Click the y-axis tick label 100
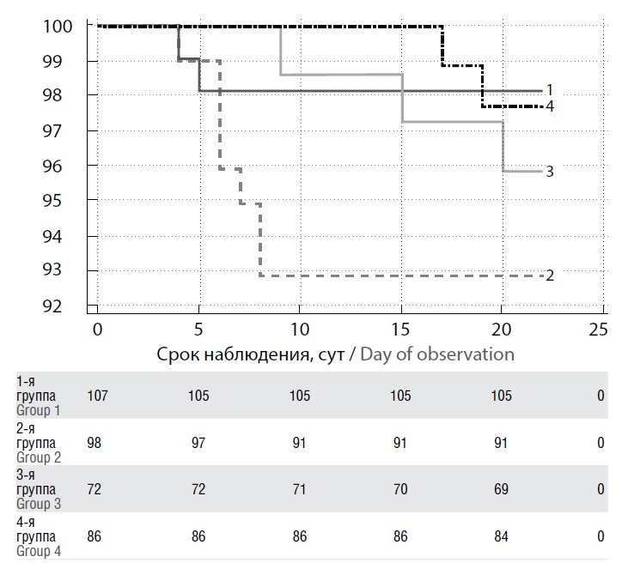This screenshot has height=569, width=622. [x=58, y=26]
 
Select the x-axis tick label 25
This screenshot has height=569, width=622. [x=597, y=329]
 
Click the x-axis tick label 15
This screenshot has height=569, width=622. [x=399, y=329]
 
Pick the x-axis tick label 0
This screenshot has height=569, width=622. [x=97, y=329]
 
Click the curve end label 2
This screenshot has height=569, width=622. [x=549, y=275]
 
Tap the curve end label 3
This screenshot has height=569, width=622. [x=549, y=172]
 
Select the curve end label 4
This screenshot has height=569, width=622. [x=549, y=106]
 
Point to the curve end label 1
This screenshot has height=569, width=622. [x=549, y=90]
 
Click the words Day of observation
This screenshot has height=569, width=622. [x=437, y=354]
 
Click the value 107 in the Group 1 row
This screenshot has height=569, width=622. [x=100, y=396]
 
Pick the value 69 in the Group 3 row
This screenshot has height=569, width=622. [x=500, y=489]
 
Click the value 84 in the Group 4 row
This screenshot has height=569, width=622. [x=500, y=536]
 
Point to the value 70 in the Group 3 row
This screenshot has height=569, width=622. [x=399, y=489]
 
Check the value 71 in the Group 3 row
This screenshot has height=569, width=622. [x=299, y=489]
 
